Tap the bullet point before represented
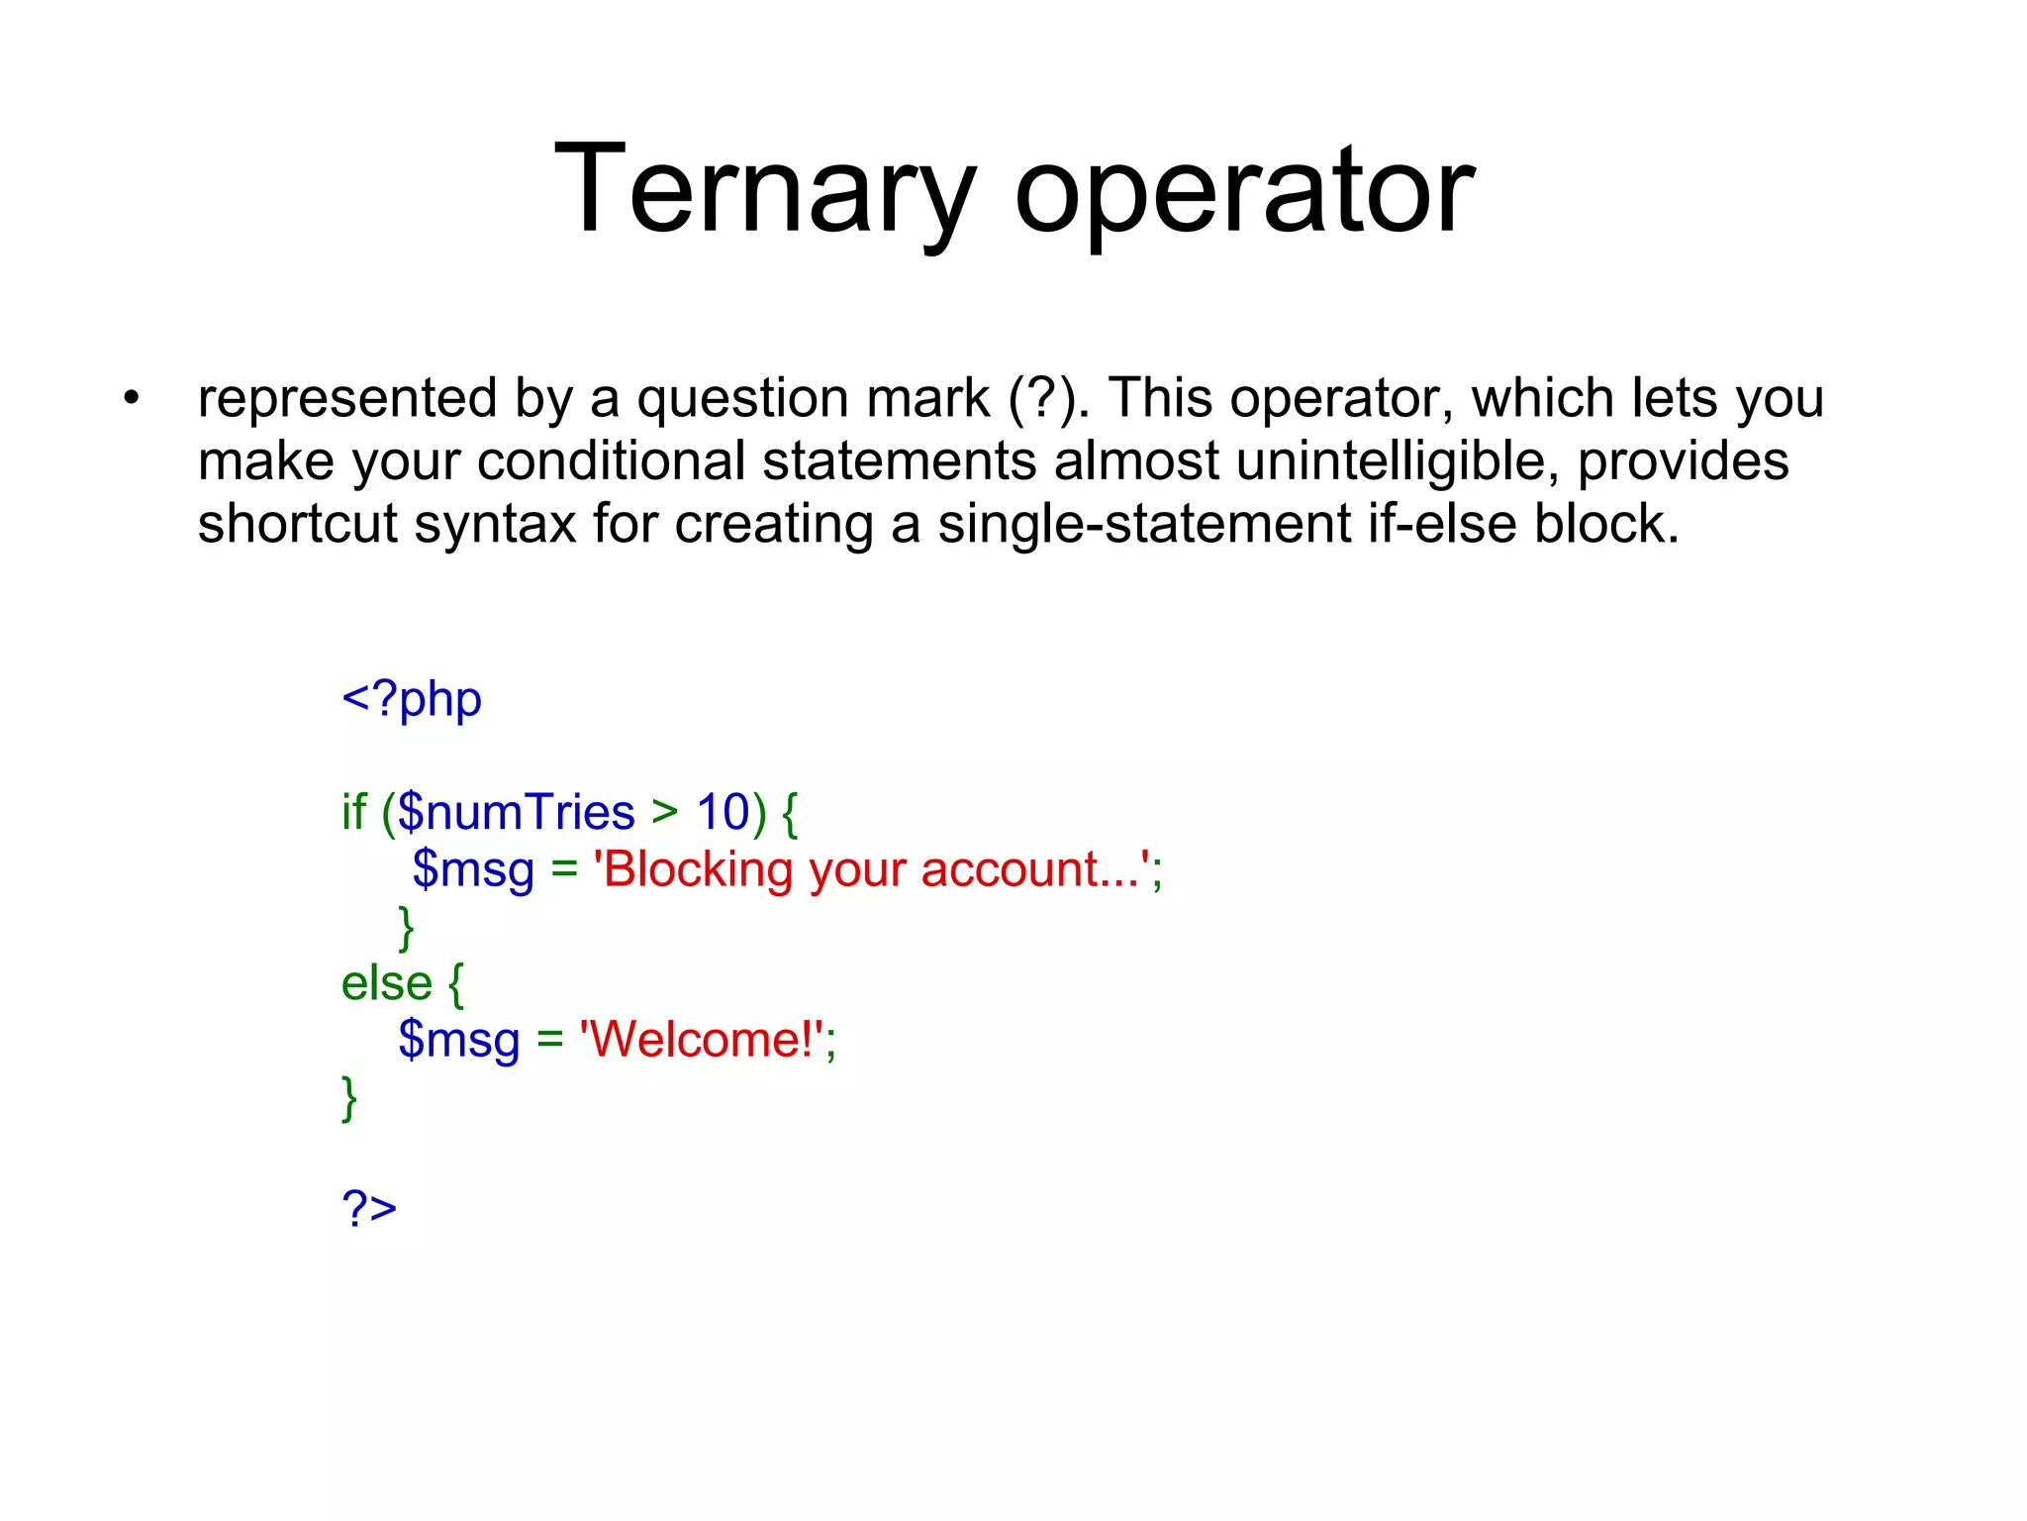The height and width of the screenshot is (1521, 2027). click(x=132, y=399)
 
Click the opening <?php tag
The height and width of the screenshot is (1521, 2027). click(x=412, y=701)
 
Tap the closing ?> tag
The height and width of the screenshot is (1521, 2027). click(x=369, y=1208)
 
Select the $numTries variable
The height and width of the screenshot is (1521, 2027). click(x=516, y=813)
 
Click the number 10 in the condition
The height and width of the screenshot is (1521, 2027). click(x=724, y=813)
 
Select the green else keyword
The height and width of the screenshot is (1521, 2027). click(x=386, y=984)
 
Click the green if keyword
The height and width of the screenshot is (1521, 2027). click(x=353, y=813)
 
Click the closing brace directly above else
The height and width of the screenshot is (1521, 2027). click(x=406, y=928)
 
